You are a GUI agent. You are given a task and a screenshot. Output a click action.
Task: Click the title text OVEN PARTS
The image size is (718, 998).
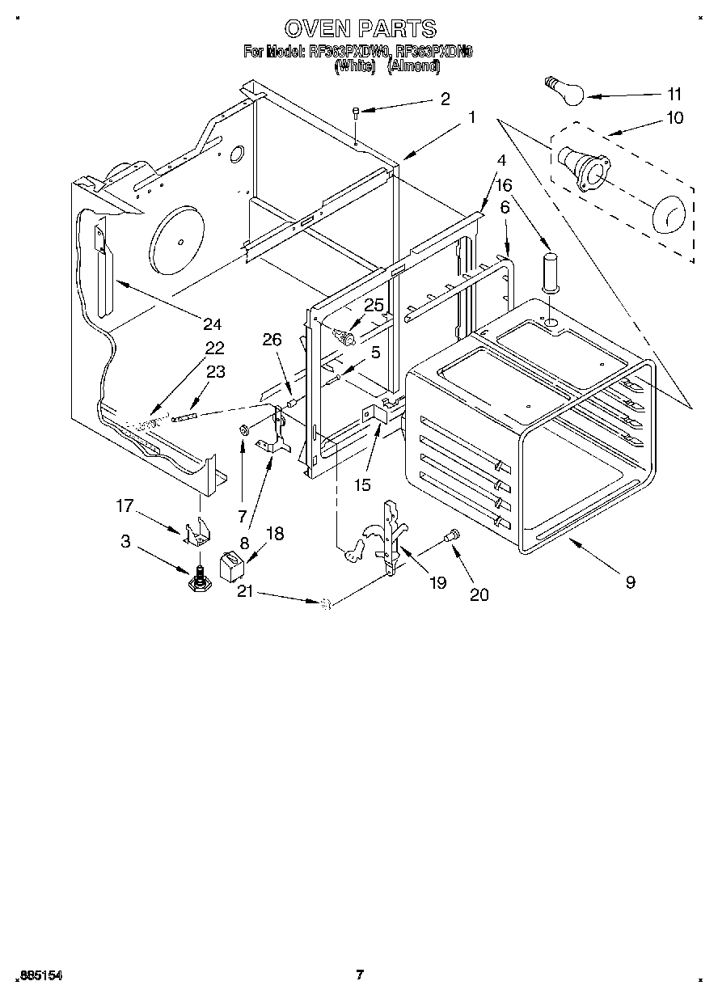pos(361,29)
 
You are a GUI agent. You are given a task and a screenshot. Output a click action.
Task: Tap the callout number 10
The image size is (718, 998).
pos(674,118)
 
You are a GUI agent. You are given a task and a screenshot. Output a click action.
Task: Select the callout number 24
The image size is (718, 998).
pos(212,324)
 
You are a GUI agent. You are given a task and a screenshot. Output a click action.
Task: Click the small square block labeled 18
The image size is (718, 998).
pos(232,566)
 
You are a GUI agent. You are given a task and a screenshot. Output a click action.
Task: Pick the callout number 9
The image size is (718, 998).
pos(629,581)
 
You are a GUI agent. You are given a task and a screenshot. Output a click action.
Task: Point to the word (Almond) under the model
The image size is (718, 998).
pos(413,68)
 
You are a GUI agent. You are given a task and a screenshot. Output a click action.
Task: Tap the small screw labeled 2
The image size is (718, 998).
pos(356,113)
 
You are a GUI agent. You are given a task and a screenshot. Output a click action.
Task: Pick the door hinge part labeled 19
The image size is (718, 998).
pos(392,538)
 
